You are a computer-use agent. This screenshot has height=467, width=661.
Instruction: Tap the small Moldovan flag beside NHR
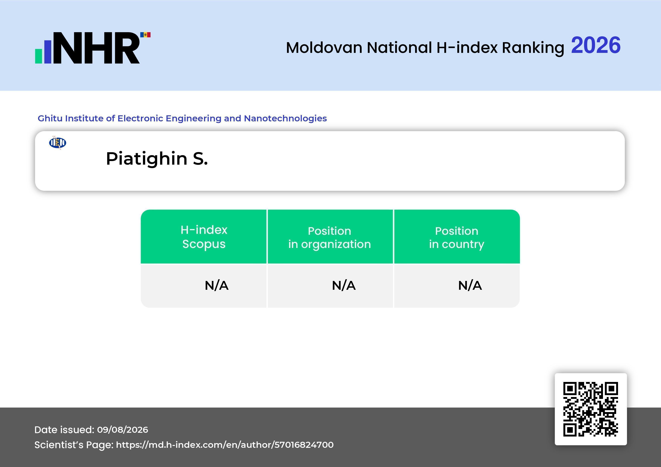(x=145, y=35)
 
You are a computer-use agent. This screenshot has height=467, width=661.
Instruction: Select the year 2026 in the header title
(x=596, y=45)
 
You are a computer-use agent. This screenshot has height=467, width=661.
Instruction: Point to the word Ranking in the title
(x=533, y=48)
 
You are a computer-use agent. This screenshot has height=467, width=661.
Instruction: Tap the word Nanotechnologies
(x=285, y=119)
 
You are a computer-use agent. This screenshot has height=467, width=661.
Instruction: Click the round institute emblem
(x=58, y=143)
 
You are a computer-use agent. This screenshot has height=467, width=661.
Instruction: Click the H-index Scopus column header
(x=204, y=237)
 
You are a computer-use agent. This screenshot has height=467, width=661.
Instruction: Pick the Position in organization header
(x=330, y=237)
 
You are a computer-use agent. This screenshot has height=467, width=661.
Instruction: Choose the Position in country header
(x=457, y=237)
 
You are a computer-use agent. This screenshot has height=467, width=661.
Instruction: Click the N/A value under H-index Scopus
(x=217, y=286)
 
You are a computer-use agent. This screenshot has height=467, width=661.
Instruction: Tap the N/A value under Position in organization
(x=344, y=286)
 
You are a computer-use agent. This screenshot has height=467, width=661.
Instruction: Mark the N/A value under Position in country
(x=470, y=286)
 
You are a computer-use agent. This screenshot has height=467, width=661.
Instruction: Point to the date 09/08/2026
(x=123, y=430)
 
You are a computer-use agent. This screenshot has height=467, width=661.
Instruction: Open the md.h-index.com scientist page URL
(x=225, y=445)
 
